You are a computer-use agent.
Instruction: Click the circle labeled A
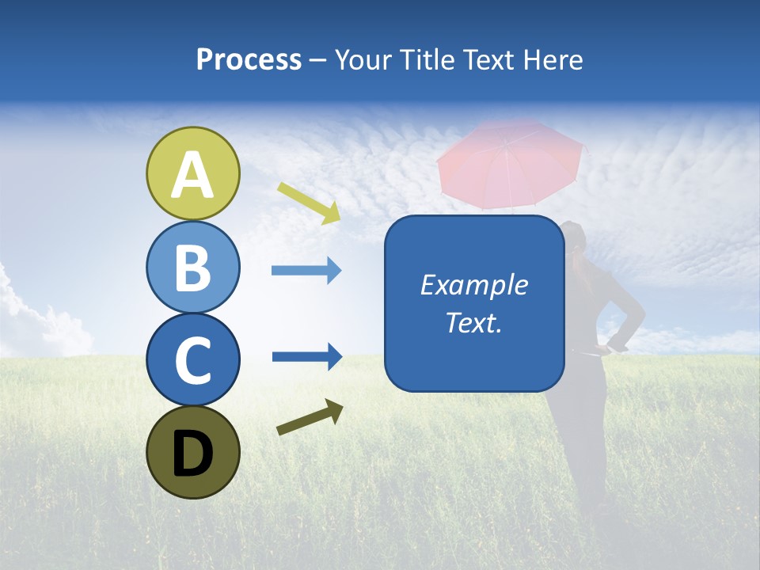[192, 173]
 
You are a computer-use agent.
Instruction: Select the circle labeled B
[192, 267]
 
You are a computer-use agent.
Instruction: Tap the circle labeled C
[192, 359]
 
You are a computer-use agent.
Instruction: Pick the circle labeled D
[192, 452]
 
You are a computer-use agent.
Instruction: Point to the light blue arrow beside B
[306, 271]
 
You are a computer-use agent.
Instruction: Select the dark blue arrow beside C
[306, 356]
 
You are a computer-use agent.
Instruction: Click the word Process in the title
[249, 60]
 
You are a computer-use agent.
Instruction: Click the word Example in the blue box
[473, 285]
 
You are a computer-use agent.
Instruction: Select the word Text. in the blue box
[473, 322]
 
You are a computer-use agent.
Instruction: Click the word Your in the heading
[363, 60]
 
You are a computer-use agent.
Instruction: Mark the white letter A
[192, 175]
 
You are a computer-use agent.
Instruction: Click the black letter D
[192, 454]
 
